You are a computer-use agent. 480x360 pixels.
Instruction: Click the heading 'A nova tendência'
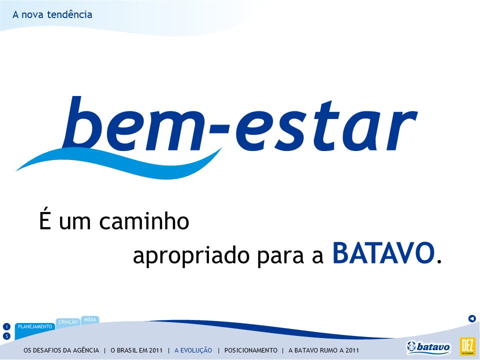(x=52, y=14)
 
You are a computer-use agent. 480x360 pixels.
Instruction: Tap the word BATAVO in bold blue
(x=383, y=253)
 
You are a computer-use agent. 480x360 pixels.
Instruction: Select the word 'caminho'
(x=144, y=221)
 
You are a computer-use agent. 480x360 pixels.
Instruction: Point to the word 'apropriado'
(x=190, y=256)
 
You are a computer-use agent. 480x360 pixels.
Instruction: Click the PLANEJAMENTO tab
(x=35, y=327)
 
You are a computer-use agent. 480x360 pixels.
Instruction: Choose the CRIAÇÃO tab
(x=68, y=322)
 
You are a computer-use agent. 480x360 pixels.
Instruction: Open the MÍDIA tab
(x=90, y=319)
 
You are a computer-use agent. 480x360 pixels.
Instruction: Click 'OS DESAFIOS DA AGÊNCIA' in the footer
(x=61, y=350)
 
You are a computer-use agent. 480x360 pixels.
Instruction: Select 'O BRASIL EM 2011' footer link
(x=136, y=350)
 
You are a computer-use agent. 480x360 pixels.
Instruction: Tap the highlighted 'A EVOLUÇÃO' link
(x=193, y=350)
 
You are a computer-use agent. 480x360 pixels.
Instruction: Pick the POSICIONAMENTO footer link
(x=250, y=350)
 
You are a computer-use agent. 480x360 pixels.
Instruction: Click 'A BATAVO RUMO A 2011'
(x=323, y=350)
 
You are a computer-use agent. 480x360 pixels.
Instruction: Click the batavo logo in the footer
(x=428, y=347)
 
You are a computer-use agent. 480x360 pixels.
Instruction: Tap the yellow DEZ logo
(x=467, y=346)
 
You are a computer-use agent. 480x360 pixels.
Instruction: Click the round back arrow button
(x=472, y=318)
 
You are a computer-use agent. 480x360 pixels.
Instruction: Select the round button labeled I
(x=6, y=326)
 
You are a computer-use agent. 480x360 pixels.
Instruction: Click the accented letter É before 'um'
(x=44, y=218)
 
